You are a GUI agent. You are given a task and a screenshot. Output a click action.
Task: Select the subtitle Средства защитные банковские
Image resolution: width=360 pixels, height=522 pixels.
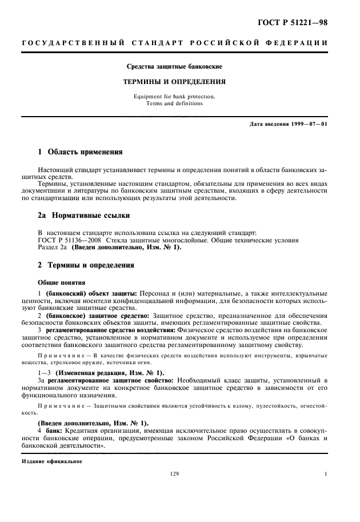point(174,67)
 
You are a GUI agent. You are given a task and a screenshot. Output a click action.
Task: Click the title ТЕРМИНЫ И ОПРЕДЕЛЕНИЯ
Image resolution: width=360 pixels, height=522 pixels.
point(174,82)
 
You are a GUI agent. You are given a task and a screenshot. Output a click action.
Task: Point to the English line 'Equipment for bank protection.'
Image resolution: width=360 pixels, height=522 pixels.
point(174,97)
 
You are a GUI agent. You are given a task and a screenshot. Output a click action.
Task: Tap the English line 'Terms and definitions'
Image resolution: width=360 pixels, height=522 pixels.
point(174,103)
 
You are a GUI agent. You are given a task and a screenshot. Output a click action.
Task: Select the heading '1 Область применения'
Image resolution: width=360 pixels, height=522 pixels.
point(79,153)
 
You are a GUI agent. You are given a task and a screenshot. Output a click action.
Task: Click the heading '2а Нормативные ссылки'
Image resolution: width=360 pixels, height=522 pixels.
point(83,216)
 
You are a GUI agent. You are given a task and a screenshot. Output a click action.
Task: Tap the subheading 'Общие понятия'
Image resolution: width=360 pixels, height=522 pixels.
point(62,282)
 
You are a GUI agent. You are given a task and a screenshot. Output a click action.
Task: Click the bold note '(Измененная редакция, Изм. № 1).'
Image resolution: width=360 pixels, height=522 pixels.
point(97,372)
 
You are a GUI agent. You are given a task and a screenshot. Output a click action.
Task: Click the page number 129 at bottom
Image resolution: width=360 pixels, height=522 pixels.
point(174,474)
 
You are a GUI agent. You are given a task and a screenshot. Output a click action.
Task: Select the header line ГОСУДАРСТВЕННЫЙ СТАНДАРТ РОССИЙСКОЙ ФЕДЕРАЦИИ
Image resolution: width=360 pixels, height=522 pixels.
point(174,43)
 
